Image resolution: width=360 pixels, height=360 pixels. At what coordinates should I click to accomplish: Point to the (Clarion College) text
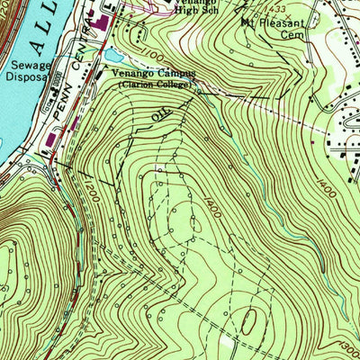click(155, 85)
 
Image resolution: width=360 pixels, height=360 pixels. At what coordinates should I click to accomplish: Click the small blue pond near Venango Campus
click(112, 56)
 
